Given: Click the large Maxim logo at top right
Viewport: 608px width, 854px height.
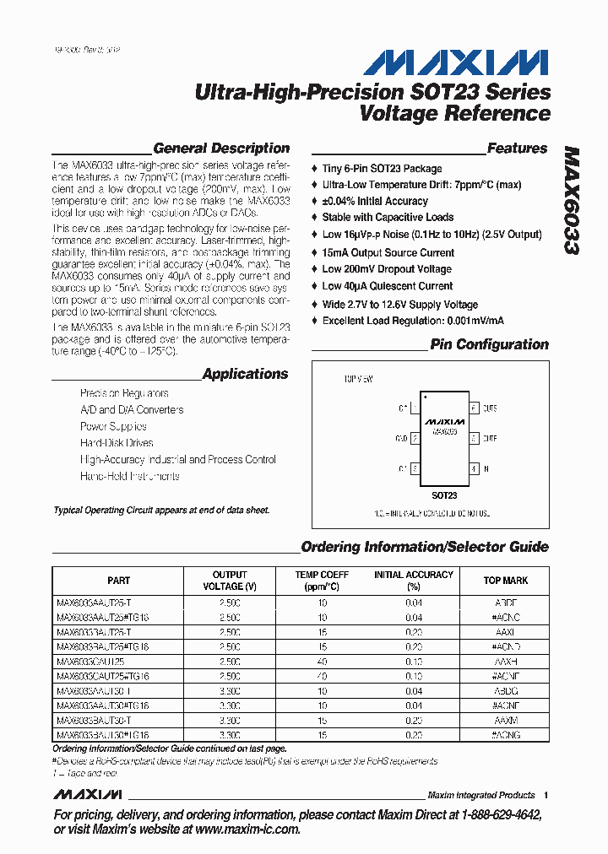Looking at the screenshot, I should [456, 62].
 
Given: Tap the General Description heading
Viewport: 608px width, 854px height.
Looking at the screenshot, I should [221, 149].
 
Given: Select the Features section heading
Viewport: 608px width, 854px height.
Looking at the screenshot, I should [517, 149].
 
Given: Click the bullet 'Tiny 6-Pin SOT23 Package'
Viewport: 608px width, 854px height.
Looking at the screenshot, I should [382, 169].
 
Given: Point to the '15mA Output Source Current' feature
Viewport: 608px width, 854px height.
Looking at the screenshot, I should [388, 252].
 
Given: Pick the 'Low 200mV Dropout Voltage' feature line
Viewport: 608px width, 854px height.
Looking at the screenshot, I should [387, 269].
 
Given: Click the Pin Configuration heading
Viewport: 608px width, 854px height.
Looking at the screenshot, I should [489, 344].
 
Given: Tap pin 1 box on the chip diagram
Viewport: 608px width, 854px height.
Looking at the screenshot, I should [415, 408].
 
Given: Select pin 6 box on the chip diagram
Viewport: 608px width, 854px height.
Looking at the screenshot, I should [474, 408].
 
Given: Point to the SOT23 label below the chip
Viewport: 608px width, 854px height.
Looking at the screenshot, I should [444, 496].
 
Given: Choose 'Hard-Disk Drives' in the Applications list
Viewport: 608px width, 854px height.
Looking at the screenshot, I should [117, 443].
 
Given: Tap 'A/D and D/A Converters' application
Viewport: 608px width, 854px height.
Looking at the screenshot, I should [132, 410].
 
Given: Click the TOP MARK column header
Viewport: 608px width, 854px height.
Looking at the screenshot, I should [505, 581].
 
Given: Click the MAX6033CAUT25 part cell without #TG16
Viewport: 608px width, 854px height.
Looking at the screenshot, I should [90, 662].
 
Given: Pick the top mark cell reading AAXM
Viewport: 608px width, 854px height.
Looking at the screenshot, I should [505, 720].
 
